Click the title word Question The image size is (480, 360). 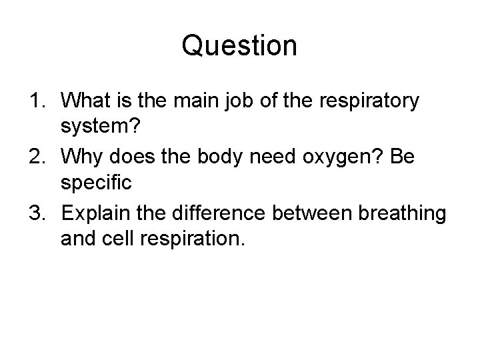point(239,47)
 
